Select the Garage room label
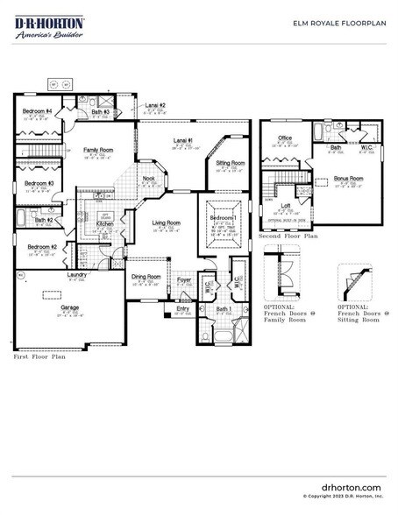coord(69,308)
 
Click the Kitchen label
coord(104,224)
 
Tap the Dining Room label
coord(146,277)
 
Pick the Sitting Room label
coord(231,164)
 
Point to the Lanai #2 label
coord(155,105)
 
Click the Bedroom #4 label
coord(37,111)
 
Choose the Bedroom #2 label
coord(42,248)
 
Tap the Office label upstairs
coord(285,138)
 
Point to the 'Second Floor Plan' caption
coord(288,236)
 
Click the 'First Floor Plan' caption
coord(39,357)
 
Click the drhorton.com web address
coord(351,486)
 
